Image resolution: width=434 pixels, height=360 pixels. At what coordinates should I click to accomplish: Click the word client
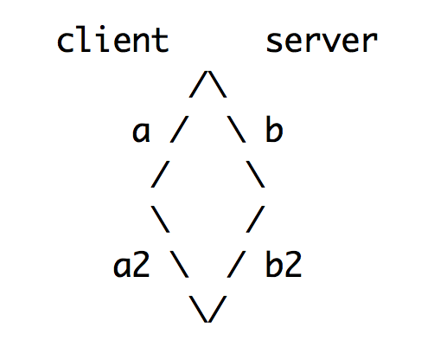(112, 40)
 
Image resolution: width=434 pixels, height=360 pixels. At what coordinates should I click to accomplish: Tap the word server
(322, 42)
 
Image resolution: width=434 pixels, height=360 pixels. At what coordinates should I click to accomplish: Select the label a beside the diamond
(141, 132)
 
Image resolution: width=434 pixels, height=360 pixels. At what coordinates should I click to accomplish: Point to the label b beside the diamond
(274, 128)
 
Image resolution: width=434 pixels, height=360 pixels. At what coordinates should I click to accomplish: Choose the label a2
(131, 264)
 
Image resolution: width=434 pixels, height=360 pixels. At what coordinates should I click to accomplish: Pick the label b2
(284, 264)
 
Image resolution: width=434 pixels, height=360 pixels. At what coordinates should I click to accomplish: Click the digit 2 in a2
(141, 264)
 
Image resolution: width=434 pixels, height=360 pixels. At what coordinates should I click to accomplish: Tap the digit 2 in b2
(293, 264)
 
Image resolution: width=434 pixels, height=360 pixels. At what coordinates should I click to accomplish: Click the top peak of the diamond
(207, 71)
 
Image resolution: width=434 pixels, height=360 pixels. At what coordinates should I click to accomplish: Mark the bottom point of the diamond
(207, 322)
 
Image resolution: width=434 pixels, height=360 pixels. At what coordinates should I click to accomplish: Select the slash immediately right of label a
(179, 129)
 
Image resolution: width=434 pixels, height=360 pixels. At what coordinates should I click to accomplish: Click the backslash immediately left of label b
(236, 129)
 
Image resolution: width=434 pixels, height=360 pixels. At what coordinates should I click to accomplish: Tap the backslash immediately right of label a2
(179, 264)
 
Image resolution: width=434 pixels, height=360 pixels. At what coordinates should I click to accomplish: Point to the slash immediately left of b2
(236, 264)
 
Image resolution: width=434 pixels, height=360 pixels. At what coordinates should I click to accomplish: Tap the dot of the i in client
(103, 29)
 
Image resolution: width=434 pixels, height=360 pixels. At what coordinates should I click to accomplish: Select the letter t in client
(160, 41)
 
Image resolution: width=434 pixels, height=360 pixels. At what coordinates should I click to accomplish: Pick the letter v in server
(332, 42)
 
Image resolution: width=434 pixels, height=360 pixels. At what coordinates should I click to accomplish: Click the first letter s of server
(275, 42)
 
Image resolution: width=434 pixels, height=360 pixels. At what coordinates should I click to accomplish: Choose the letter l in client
(85, 40)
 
